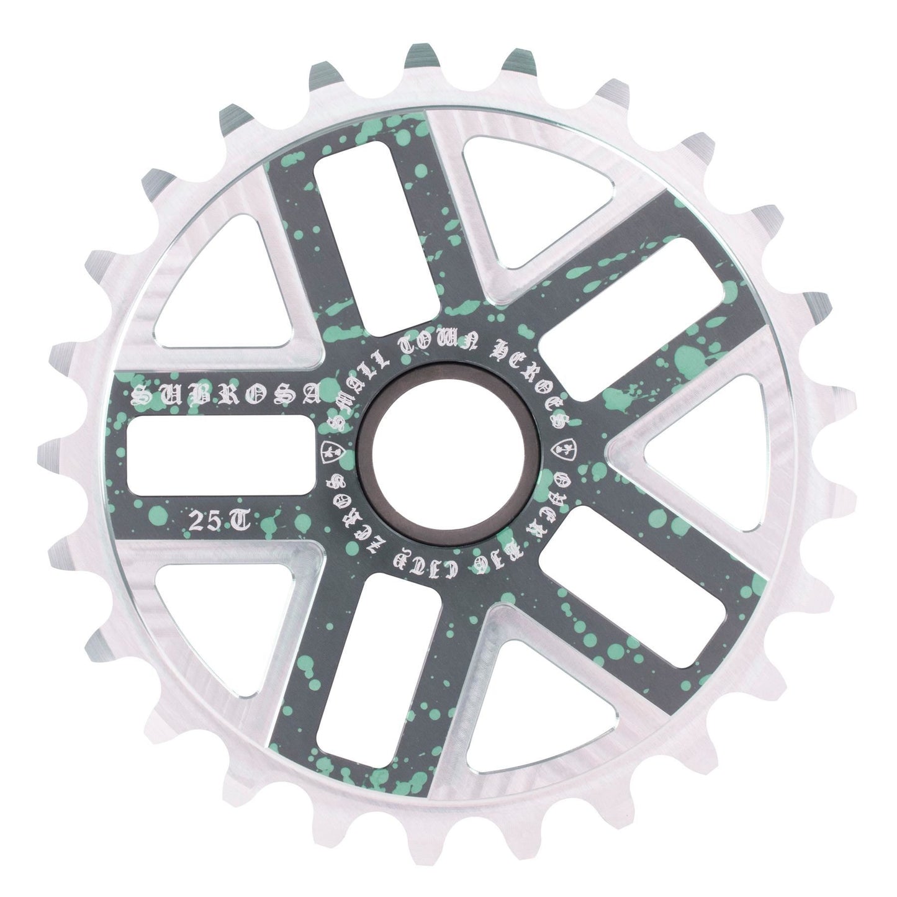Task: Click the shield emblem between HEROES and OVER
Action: [568, 448]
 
